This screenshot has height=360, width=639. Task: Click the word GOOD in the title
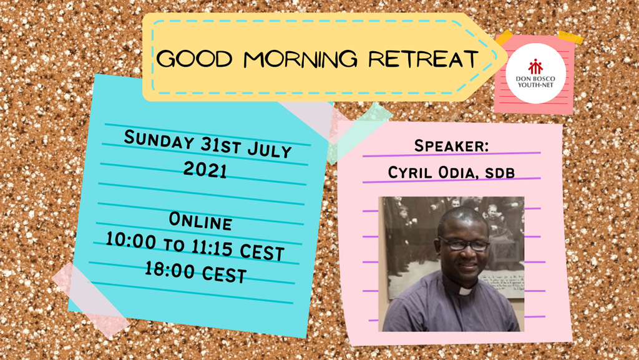[195, 59]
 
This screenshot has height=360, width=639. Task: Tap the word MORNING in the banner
[301, 59]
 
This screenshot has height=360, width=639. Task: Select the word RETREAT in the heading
[423, 59]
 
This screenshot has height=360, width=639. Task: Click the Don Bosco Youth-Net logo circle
[535, 73]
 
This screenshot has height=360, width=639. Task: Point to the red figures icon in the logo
[535, 67]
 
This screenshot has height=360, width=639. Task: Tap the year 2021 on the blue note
[205, 170]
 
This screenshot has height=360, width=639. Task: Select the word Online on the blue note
[200, 221]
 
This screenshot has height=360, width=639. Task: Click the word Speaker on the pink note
[451, 146]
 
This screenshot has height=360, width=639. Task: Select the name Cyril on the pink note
[411, 172]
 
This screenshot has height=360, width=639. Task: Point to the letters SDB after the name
[500, 173]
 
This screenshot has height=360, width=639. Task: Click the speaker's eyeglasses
[464, 244]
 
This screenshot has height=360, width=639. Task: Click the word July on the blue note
[270, 150]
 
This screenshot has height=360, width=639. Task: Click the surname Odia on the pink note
[456, 173]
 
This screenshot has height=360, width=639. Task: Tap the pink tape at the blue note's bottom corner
[91, 299]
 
